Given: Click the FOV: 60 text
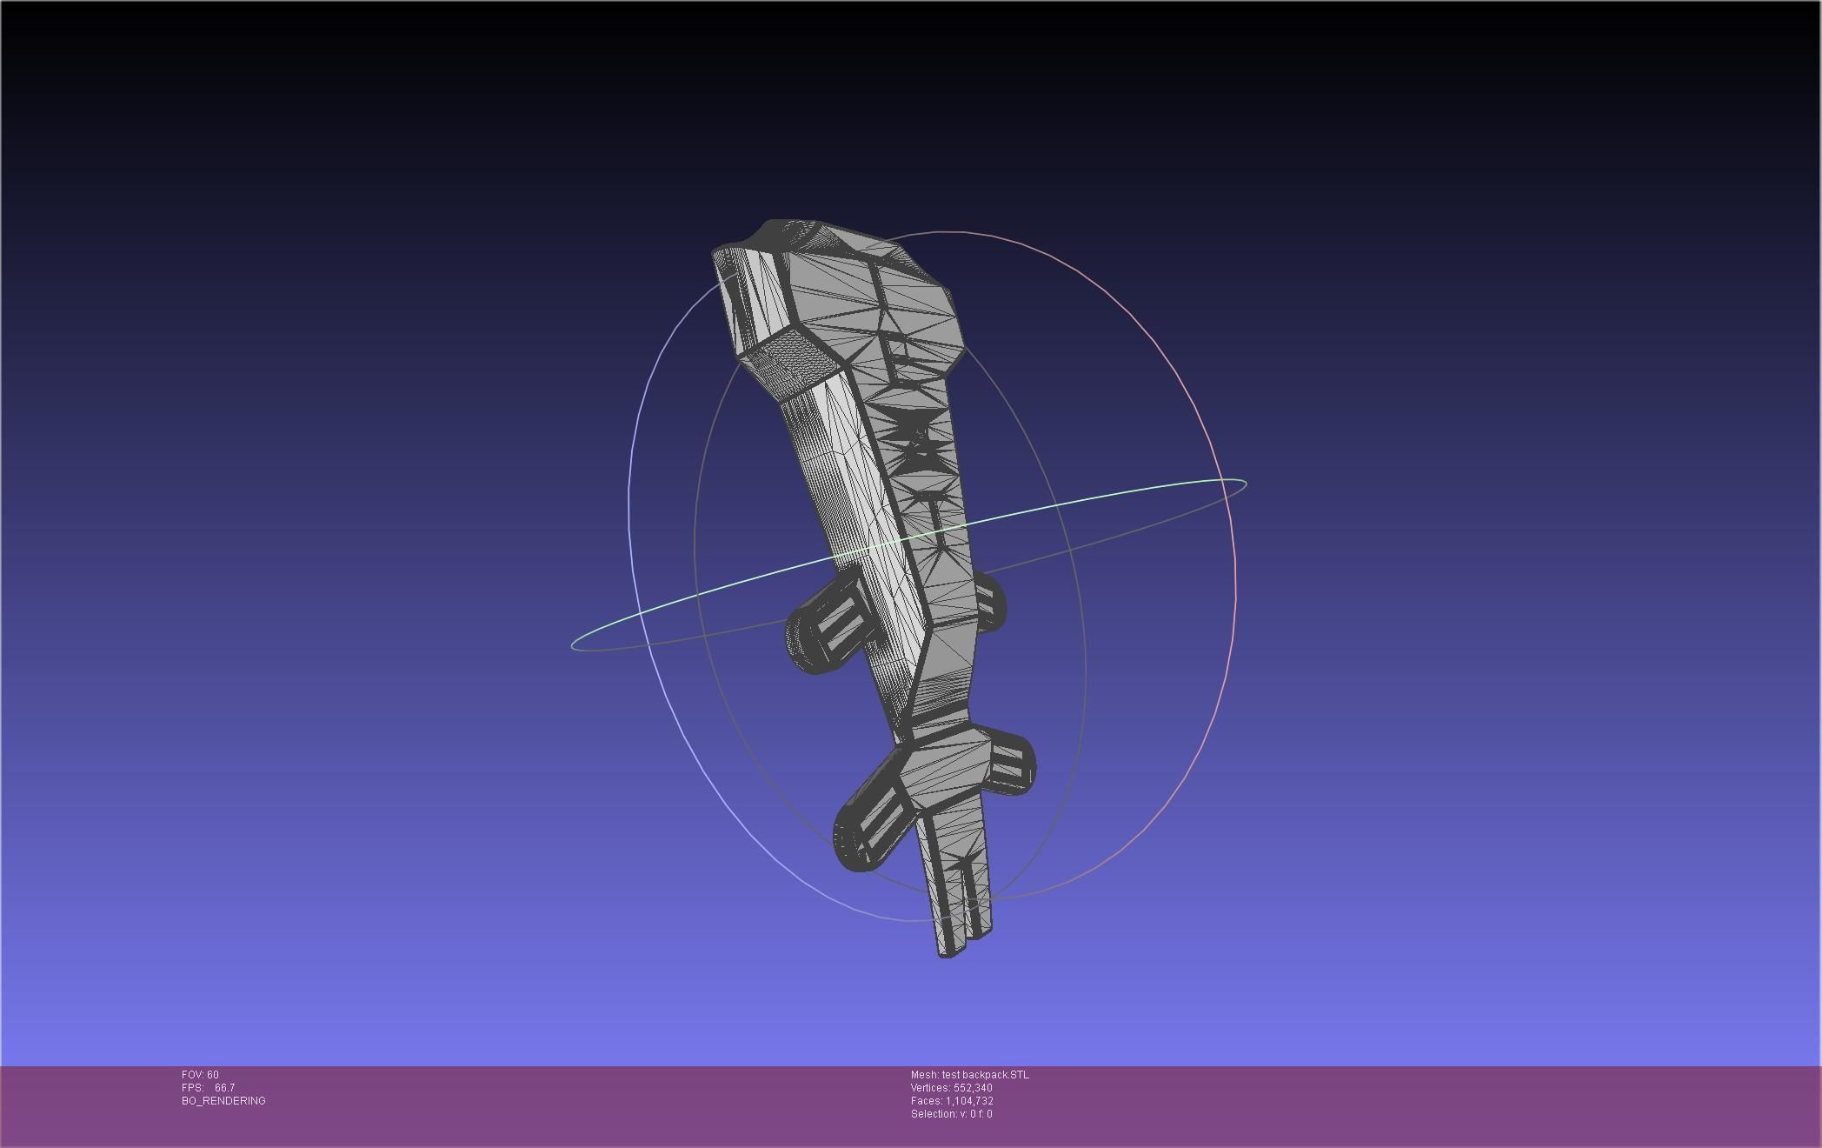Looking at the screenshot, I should (200, 1075).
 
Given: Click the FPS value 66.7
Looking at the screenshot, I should (224, 1088).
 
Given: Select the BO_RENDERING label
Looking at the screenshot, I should (223, 1101).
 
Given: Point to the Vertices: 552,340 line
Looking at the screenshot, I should (951, 1088).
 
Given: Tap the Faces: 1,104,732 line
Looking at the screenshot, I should (951, 1101).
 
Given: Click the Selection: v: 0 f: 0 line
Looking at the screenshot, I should (951, 1114).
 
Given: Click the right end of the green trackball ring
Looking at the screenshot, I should (1245, 484).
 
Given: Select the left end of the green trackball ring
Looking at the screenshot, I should (574, 644).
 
